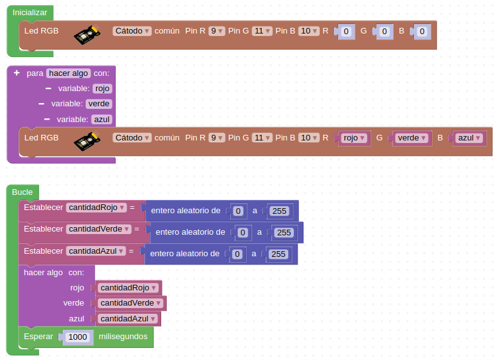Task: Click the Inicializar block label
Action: point(30,13)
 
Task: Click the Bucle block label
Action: point(22,192)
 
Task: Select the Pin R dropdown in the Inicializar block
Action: point(217,30)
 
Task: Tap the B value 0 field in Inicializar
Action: point(422,31)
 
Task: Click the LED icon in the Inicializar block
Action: point(88,33)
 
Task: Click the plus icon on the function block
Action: point(17,73)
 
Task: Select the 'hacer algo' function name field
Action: point(69,73)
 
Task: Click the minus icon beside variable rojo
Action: point(48,89)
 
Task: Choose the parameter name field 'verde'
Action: point(99,104)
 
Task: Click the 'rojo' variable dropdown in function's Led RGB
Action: point(354,137)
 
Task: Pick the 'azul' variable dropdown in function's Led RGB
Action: point(469,137)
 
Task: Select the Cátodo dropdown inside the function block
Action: point(132,137)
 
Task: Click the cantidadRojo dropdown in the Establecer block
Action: point(96,207)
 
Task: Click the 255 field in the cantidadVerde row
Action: point(284,232)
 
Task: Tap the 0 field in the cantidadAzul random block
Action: point(237,254)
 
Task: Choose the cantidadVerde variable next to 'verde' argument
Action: point(131,303)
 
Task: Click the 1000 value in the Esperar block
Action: point(78,337)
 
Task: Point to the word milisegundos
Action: point(123,337)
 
